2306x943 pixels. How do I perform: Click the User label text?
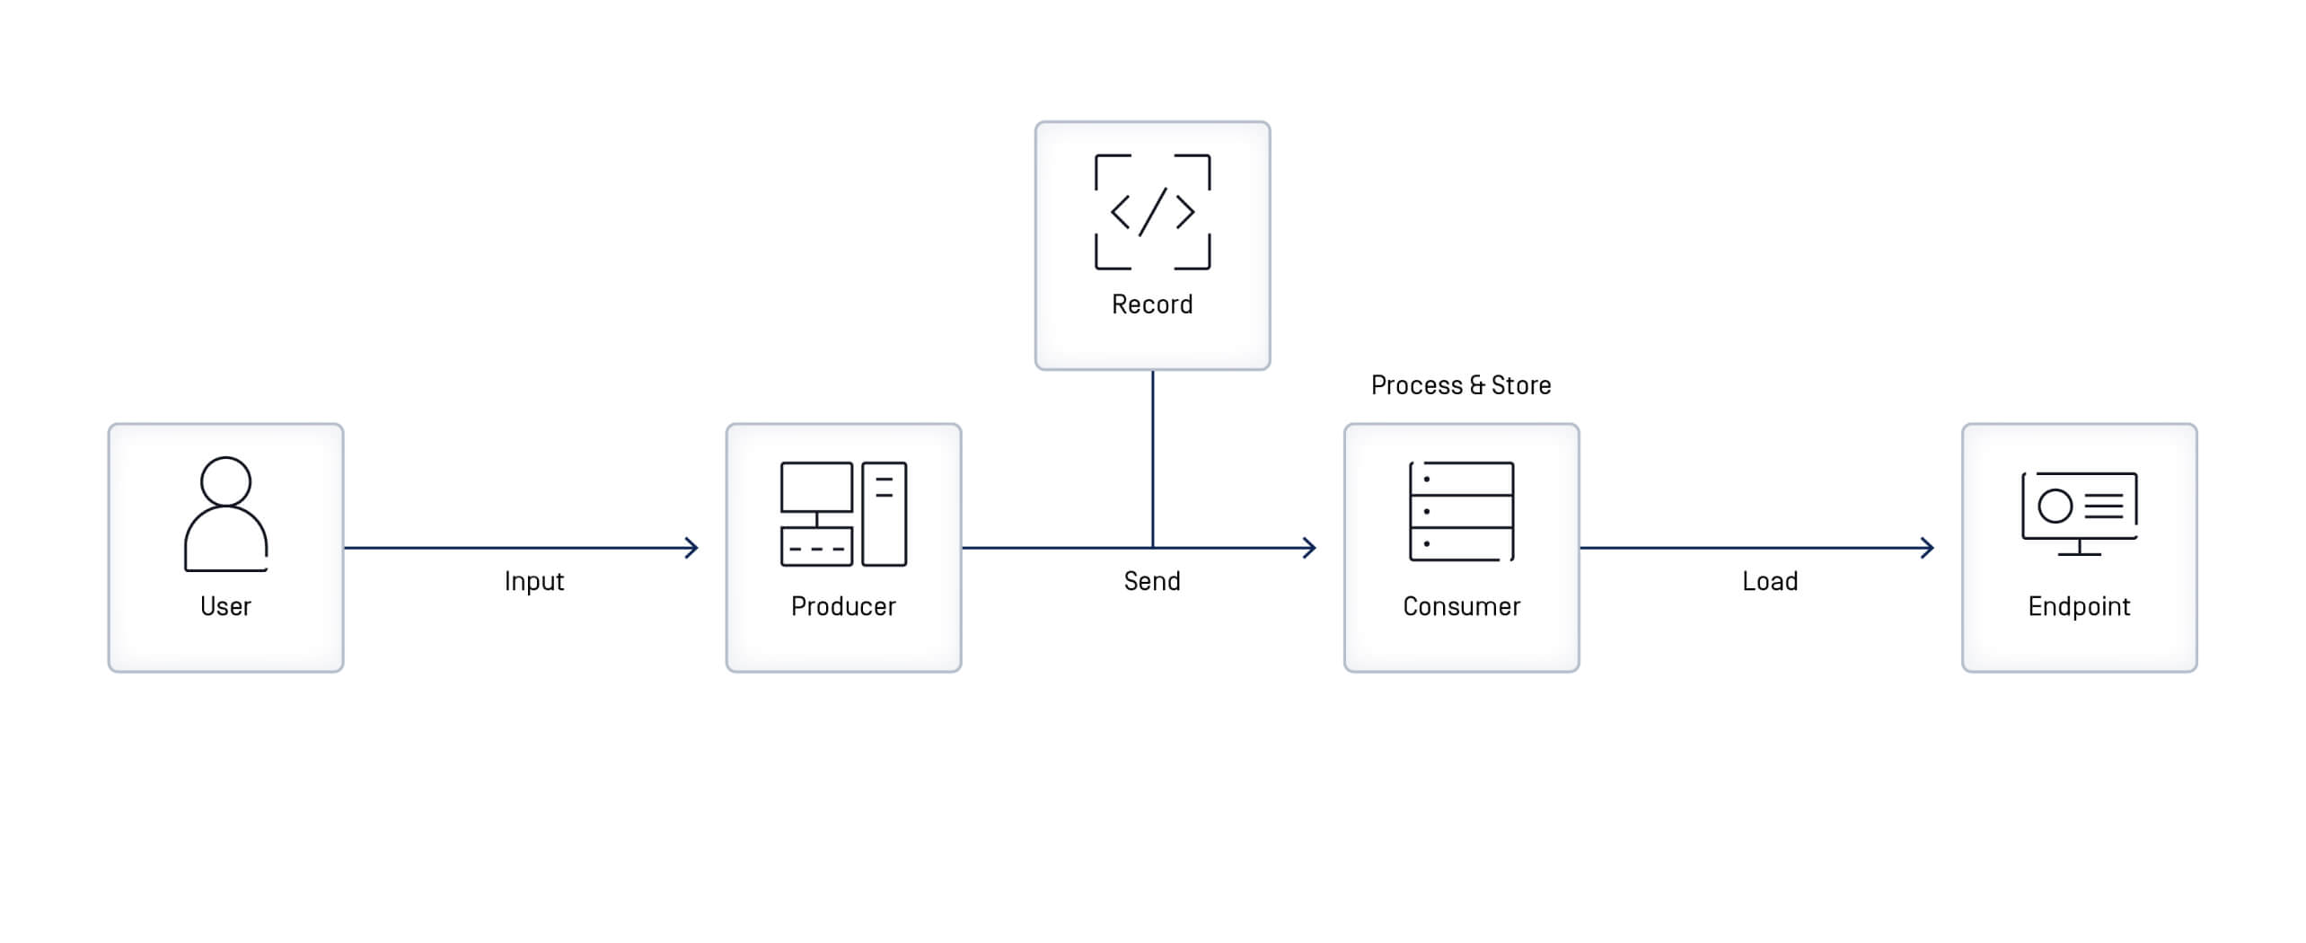225,606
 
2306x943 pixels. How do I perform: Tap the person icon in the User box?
225,514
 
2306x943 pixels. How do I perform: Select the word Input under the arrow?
533,581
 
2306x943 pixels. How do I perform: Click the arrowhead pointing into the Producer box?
691,548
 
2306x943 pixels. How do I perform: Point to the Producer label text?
843,606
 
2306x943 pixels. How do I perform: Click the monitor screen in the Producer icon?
816,487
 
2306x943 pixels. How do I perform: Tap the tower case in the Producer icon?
885,514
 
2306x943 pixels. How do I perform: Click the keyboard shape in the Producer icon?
816,547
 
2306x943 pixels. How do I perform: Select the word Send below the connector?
1152,581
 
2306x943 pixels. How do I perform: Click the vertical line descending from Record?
1153,458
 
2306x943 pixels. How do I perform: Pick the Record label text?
1152,304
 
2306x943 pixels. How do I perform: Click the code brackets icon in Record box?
1152,212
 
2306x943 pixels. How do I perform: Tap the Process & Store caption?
1461,385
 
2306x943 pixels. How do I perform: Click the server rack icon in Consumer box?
1461,511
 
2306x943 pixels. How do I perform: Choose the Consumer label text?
1461,606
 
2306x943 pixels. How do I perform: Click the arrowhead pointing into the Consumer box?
1310,548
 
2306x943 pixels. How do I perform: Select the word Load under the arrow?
1770,581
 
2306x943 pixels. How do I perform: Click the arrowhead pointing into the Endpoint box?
1927,548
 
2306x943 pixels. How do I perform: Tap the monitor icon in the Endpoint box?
2079,513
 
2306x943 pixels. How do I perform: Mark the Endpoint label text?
2079,606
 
